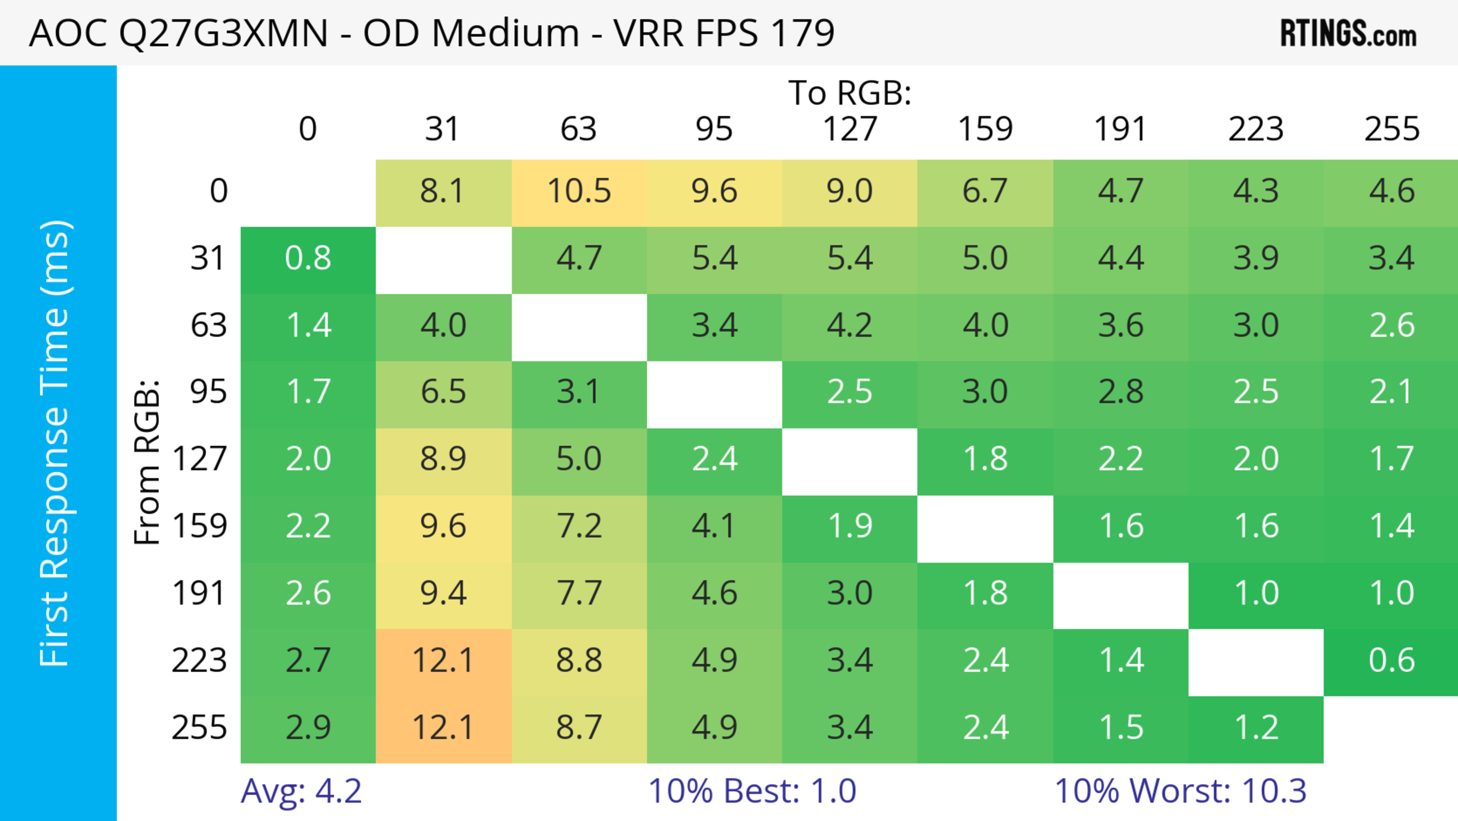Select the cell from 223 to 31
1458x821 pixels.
point(443,661)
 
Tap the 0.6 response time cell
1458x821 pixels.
point(1391,661)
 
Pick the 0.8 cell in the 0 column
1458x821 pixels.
point(308,259)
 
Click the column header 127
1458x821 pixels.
point(850,130)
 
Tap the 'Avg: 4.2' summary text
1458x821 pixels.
point(301,791)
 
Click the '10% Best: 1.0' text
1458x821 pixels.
point(752,791)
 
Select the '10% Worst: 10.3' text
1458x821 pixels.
point(1180,791)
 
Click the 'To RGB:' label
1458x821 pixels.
point(850,93)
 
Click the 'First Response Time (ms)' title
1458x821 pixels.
point(55,443)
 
